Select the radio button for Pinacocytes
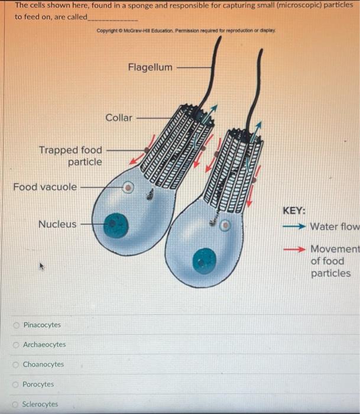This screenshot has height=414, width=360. (x=17, y=325)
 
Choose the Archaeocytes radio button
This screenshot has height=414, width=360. (x=17, y=345)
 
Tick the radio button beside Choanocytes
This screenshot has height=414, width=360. (x=17, y=364)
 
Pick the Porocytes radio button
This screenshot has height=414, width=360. (x=17, y=384)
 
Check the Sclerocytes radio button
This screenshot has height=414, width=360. (x=17, y=405)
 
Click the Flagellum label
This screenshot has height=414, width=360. (x=150, y=67)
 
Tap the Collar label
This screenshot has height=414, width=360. (x=119, y=118)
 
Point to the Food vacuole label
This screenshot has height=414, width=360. (x=45, y=187)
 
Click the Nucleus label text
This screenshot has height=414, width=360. (x=57, y=224)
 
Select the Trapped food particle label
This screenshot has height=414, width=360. (x=71, y=156)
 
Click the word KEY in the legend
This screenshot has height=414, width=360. (x=294, y=211)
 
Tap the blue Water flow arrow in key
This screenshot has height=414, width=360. (x=294, y=227)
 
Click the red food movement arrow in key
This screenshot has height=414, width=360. (x=294, y=249)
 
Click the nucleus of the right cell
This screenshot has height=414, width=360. (x=205, y=258)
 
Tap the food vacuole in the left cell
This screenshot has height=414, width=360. (x=127, y=188)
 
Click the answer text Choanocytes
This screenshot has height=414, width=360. (x=43, y=364)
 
